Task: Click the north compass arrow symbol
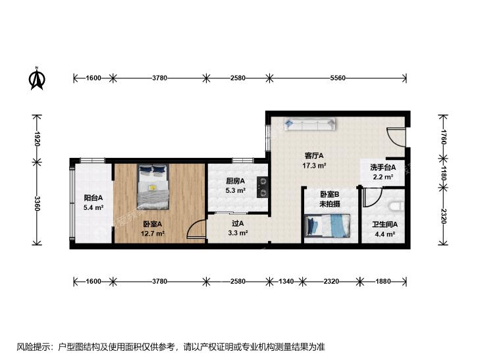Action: click(37, 79)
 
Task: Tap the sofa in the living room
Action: click(309, 124)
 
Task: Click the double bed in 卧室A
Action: click(153, 186)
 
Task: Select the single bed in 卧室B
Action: click(327, 226)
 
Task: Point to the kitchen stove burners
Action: click(263, 186)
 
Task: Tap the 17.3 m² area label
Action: click(314, 166)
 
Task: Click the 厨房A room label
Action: click(235, 181)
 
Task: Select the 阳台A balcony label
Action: click(93, 198)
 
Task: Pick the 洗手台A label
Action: click(383, 167)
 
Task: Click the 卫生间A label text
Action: click(385, 224)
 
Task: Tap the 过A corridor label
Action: click(238, 224)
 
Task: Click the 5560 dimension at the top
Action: click(337, 78)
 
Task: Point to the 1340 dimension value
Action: click(286, 281)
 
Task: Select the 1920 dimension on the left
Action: click(38, 139)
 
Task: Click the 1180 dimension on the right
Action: click(444, 173)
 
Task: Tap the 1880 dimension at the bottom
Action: click(383, 281)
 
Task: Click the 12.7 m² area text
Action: click(153, 234)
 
